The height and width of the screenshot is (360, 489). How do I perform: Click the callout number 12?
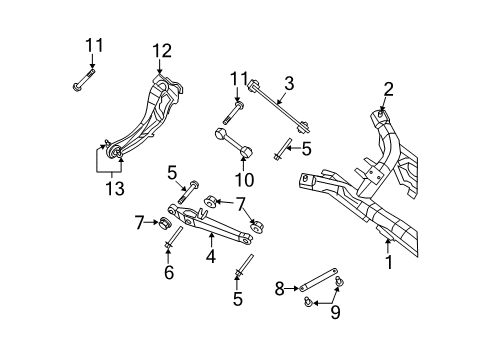pos(162,51)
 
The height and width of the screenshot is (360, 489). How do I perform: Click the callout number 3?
pos(288,83)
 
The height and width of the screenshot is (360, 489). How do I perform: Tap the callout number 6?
pos(169,272)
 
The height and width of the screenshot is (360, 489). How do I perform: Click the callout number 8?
pos(280,289)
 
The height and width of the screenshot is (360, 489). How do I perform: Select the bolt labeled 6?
pos(168,239)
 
